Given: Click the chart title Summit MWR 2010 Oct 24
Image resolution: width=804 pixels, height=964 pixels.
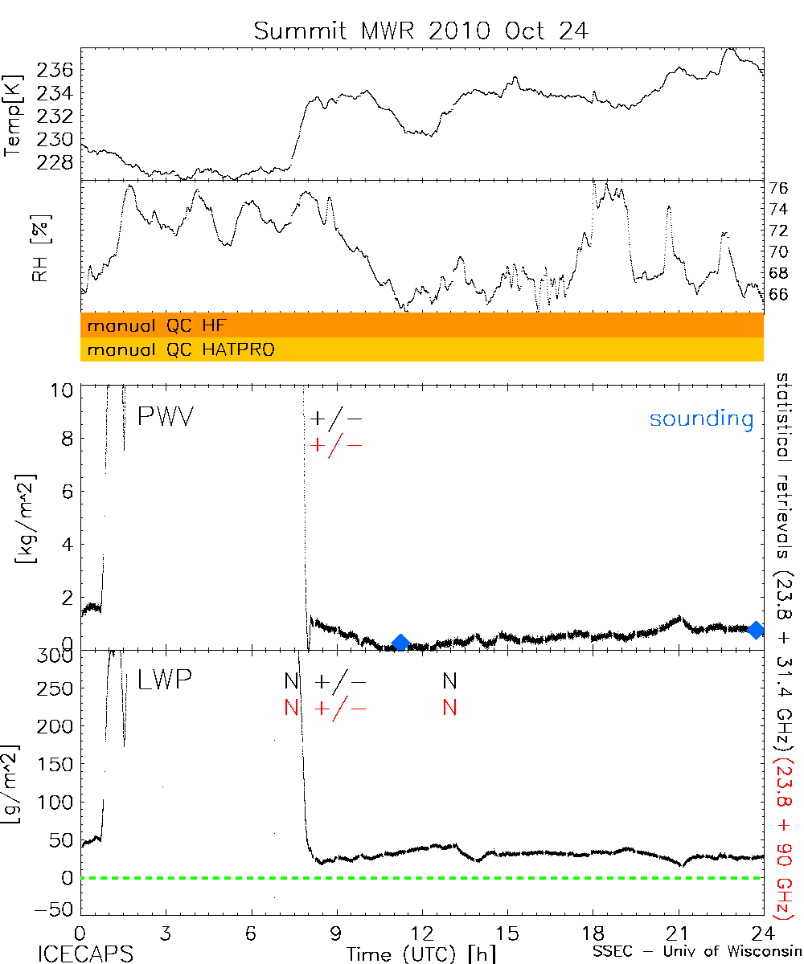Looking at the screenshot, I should click(420, 31).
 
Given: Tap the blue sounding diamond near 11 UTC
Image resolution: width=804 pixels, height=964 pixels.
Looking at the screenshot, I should click(400, 642).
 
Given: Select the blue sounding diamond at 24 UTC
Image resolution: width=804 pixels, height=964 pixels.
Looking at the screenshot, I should click(755, 631).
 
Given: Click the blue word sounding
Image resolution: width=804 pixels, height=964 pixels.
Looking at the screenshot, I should click(701, 419).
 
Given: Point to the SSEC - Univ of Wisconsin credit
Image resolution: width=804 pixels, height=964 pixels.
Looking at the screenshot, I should click(695, 954).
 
